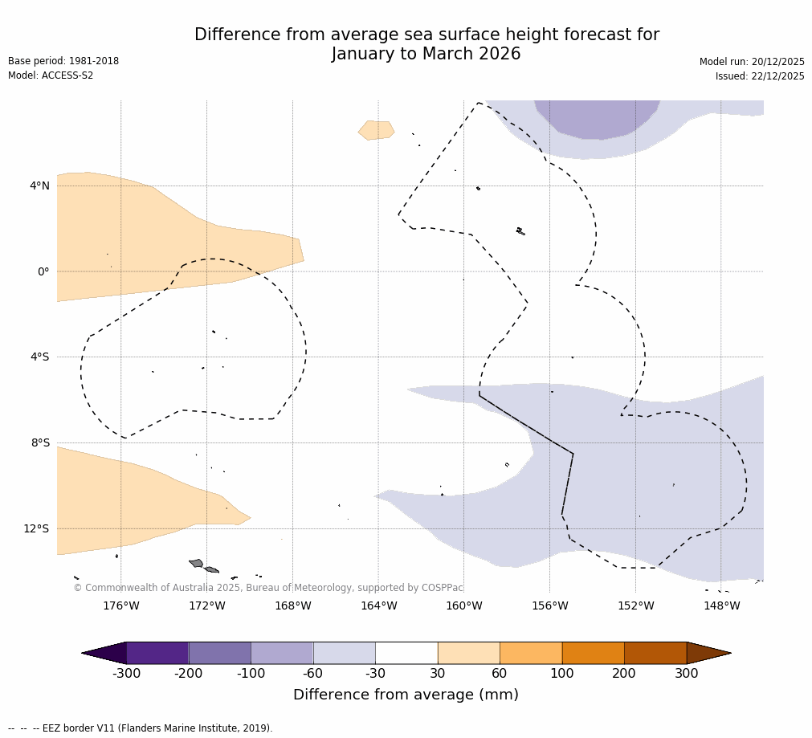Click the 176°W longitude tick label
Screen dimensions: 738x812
[120, 605]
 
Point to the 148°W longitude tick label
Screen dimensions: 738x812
[721, 605]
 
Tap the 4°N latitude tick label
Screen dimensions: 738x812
[39, 186]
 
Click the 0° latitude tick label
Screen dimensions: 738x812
[43, 271]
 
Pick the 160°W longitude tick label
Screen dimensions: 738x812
[463, 605]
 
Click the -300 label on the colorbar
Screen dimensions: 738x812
[126, 673]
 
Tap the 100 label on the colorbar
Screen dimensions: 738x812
[561, 673]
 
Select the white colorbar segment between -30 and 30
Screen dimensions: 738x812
[406, 653]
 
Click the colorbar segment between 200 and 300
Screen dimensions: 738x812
[655, 653]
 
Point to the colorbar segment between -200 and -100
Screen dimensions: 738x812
[219, 653]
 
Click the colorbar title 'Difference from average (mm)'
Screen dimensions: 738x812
[406, 695]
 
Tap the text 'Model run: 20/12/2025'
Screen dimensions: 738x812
[752, 62]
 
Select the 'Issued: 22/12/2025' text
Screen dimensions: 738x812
[760, 76]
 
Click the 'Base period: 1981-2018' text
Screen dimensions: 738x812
[63, 61]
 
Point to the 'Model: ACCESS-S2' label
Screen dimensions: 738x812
[51, 75]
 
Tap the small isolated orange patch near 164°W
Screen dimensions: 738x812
[377, 130]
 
